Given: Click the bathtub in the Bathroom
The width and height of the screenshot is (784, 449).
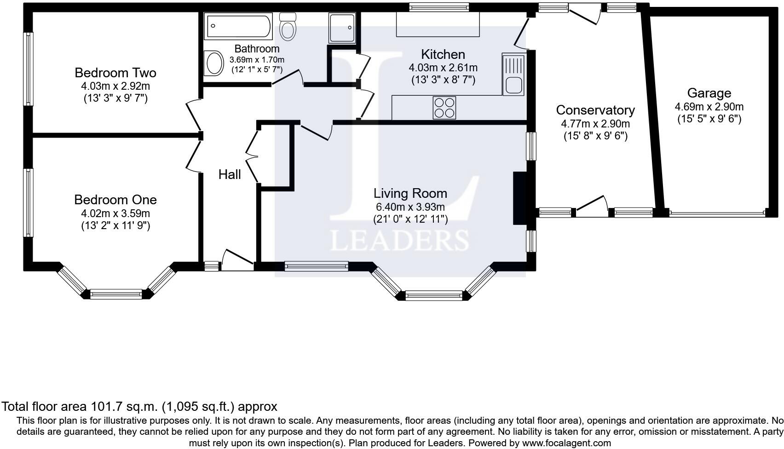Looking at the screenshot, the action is pyautogui.click(x=238, y=26).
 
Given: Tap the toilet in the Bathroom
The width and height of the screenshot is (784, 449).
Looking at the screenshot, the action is pyautogui.click(x=288, y=27).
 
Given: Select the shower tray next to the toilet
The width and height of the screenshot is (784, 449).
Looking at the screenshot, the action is pyautogui.click(x=342, y=28).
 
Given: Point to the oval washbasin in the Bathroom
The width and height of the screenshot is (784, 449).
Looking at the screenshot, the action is pyautogui.click(x=214, y=63).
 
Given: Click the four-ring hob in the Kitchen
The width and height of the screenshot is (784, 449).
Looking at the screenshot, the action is pyautogui.click(x=444, y=108).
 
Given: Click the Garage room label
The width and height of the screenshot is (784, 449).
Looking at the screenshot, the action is pyautogui.click(x=709, y=93).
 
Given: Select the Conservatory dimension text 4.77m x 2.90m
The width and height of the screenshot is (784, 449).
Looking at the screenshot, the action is pyautogui.click(x=595, y=124).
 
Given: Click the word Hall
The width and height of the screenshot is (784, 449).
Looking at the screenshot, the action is pyautogui.click(x=230, y=174).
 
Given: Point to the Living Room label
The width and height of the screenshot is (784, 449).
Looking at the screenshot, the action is pyautogui.click(x=410, y=193).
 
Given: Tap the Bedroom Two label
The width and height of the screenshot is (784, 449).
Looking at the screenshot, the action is pyautogui.click(x=115, y=73).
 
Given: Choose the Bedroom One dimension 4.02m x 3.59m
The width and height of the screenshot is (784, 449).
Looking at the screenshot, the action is pyautogui.click(x=115, y=213).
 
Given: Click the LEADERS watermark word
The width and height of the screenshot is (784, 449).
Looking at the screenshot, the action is pyautogui.click(x=399, y=241).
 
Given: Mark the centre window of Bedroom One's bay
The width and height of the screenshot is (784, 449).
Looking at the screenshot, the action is pyautogui.click(x=116, y=294).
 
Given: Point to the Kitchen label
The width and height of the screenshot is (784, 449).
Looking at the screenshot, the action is pyautogui.click(x=443, y=55).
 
